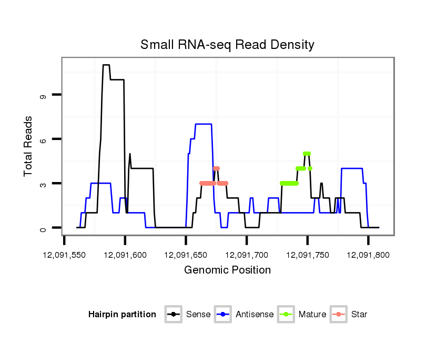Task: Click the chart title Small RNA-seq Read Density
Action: coord(227,45)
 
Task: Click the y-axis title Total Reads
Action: coord(28,146)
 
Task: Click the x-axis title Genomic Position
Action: coord(227,270)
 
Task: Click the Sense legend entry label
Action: coord(198,315)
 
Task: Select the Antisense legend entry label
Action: coord(255,315)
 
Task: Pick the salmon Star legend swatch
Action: coord(339,315)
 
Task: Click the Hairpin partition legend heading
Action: coord(122,315)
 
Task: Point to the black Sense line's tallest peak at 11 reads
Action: coord(106,65)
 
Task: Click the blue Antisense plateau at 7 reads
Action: coord(204,124)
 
